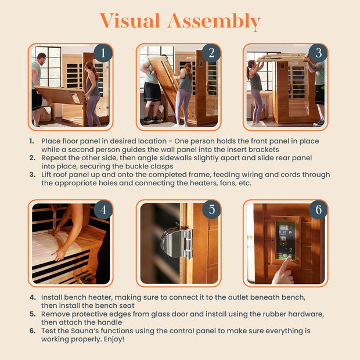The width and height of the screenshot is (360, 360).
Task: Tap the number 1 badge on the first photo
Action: pos(103,53)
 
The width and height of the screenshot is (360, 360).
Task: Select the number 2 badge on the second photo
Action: pos(211,53)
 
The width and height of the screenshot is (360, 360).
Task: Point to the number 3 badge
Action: pos(318,53)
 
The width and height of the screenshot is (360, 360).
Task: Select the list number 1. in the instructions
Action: pos(31,141)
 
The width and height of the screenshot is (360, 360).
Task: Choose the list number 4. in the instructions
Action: pos(31,297)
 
